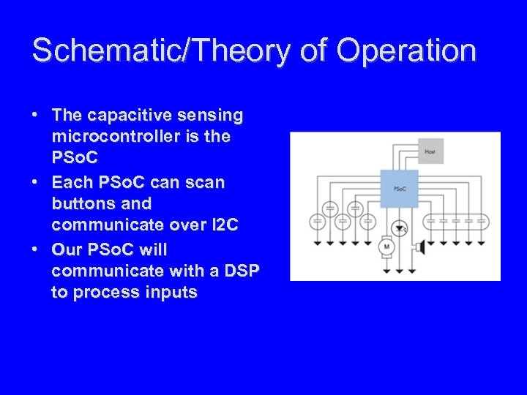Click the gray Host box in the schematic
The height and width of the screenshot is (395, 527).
pos(429,151)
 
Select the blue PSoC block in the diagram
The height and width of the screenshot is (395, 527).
pos(400,189)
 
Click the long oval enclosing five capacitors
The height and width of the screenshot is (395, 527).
pos(457,220)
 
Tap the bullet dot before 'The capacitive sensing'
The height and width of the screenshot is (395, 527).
pos(34,116)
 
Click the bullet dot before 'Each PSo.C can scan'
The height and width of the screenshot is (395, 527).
pos(34,181)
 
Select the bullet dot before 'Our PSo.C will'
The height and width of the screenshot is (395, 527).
pos(34,249)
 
